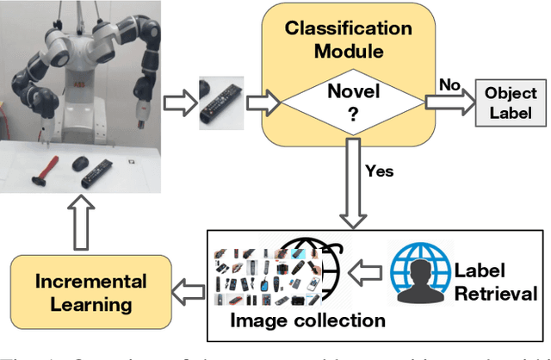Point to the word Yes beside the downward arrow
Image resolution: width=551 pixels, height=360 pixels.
tap(379, 171)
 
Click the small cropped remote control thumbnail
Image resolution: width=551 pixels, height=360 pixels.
tap(216, 103)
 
